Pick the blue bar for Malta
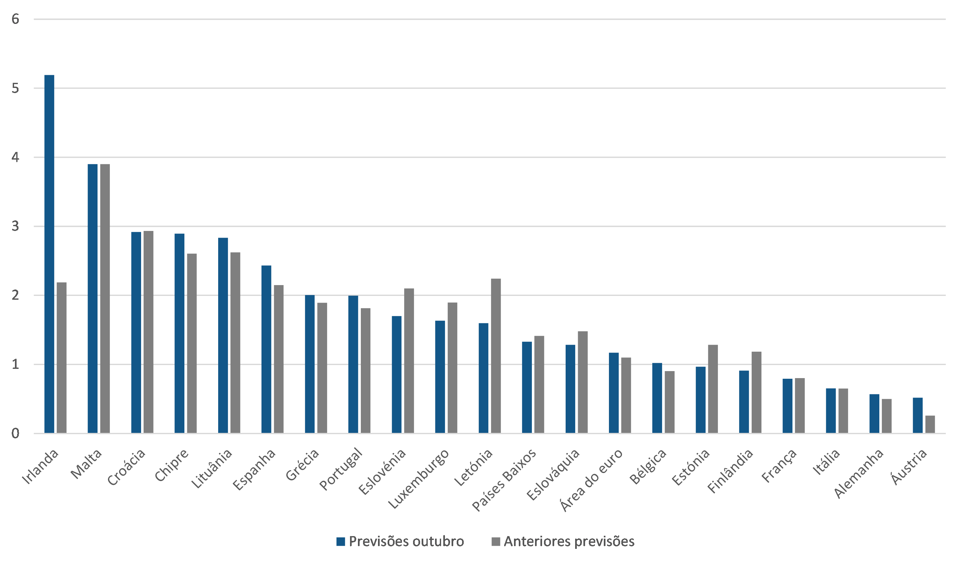coord(93,298)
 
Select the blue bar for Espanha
coord(267,349)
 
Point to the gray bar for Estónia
coord(713,389)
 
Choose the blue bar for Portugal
coord(353,364)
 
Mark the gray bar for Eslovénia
coord(409,361)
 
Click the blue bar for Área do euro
coord(614,393)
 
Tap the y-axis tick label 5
coord(15,88)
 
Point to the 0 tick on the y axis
coord(15,433)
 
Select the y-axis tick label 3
coord(15,226)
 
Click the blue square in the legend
coord(340,541)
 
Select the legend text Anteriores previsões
coord(569,541)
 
